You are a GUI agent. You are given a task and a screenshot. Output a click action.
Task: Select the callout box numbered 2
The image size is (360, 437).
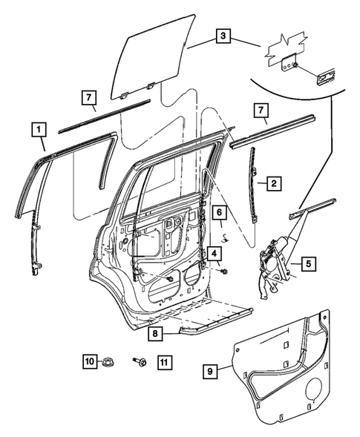click(274, 183)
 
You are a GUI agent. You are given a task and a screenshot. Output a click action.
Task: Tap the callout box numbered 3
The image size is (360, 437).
click(223, 35)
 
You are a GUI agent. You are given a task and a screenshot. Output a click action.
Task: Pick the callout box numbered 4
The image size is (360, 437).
click(213, 254)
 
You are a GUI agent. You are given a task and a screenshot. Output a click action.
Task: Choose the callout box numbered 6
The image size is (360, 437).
click(220, 213)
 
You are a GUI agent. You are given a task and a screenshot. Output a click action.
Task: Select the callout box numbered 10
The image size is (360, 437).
click(89, 361)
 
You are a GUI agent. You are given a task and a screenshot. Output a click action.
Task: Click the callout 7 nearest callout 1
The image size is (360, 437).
click(88, 98)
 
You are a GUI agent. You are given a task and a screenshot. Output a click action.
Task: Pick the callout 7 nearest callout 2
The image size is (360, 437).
click(260, 111)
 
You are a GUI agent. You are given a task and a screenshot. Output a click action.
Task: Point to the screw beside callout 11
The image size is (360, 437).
click(139, 361)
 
